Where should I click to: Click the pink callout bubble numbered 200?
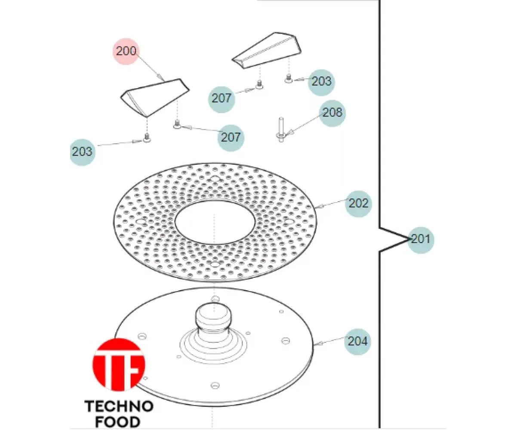click(x=126, y=51)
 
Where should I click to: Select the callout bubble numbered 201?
click(x=421, y=240)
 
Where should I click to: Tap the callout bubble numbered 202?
click(x=359, y=204)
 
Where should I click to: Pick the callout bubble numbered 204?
click(x=358, y=341)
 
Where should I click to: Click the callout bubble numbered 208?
click(x=332, y=113)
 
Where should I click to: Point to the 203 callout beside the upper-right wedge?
click(x=321, y=83)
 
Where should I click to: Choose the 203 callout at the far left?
click(x=82, y=152)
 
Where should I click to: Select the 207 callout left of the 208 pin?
click(x=231, y=138)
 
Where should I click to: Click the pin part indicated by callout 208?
click(x=281, y=129)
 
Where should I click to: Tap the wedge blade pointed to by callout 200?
click(x=155, y=98)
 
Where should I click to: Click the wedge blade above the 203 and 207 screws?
click(x=267, y=50)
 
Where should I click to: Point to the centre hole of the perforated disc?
click(x=215, y=222)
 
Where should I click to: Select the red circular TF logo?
click(x=119, y=364)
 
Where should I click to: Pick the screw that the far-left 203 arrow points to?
click(x=147, y=138)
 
